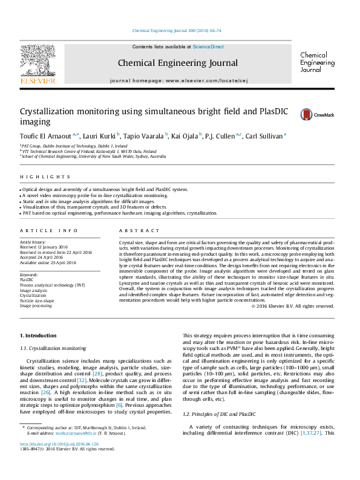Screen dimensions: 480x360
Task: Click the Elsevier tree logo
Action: point(38,63)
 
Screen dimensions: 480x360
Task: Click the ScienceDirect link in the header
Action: point(208,47)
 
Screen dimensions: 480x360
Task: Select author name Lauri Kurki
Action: point(100,136)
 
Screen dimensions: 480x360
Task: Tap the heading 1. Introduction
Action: point(39,335)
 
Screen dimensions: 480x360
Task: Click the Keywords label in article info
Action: point(30,274)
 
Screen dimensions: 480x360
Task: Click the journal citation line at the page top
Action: point(176,30)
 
